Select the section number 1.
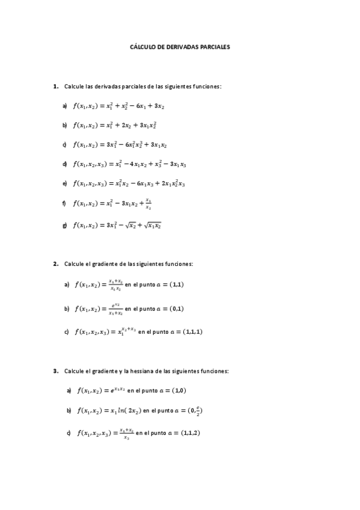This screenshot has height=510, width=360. (x=55, y=87)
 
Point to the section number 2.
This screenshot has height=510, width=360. (x=55, y=263)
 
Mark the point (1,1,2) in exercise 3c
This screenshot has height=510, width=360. (x=189, y=432)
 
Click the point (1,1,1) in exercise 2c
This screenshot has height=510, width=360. (x=191, y=331)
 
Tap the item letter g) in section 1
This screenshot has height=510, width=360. (x=64, y=226)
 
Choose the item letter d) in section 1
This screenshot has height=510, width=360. (x=64, y=164)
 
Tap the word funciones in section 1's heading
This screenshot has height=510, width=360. (x=207, y=87)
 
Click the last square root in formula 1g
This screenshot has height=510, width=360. (x=152, y=226)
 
